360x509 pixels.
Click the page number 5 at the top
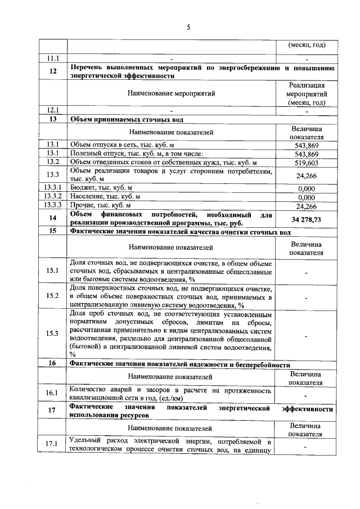click(188, 26)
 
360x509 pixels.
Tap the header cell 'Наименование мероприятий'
click(171, 93)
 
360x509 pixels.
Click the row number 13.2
click(53, 163)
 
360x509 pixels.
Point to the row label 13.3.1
click(53, 188)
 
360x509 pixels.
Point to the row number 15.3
click(53, 333)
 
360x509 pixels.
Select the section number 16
click(53, 363)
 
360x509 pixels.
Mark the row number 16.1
click(53, 393)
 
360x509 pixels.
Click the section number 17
click(53, 411)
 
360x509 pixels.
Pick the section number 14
click(53, 219)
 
